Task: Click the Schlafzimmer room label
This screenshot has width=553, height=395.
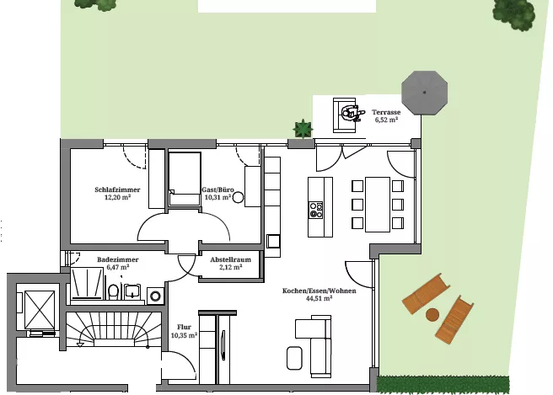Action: [x=117, y=189]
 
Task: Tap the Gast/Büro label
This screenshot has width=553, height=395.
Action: [x=217, y=189]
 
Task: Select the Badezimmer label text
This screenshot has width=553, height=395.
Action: [x=118, y=259]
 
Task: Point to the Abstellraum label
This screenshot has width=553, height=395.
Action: [x=231, y=259]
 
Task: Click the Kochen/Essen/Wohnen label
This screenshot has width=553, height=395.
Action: [x=319, y=291]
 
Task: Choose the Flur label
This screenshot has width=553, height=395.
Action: [x=184, y=328]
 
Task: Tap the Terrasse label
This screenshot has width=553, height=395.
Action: [x=386, y=112]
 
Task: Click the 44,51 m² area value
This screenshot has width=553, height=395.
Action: [x=319, y=298]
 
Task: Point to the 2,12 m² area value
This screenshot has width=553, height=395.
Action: [x=231, y=267]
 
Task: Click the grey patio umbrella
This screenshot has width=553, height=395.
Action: [x=425, y=93]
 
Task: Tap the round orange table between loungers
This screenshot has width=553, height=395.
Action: [x=432, y=315]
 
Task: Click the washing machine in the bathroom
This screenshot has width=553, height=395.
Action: [x=155, y=296]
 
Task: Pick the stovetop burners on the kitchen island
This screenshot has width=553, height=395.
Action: [x=315, y=210]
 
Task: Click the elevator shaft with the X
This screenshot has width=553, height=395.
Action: [x=40, y=309]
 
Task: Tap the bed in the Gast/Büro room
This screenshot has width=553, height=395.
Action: [x=185, y=179]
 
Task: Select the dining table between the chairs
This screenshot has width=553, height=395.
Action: [x=378, y=205]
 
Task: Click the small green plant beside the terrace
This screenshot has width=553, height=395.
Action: [x=303, y=129]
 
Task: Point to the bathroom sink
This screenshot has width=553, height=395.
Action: [x=132, y=291]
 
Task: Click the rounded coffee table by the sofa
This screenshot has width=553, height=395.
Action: [x=294, y=358]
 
